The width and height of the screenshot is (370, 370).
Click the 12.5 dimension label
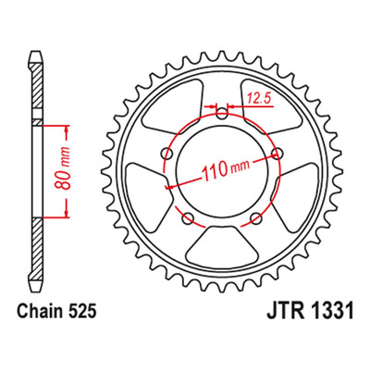pos(258,99)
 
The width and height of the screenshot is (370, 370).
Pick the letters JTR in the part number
pos(284,311)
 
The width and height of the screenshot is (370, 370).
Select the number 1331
pos(330,311)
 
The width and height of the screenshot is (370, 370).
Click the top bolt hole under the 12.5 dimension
pos(222,115)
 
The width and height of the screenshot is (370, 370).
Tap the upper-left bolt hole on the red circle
pos(167,154)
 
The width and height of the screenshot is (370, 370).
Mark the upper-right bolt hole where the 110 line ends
pos(277,154)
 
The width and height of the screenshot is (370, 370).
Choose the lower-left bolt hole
pos(188,219)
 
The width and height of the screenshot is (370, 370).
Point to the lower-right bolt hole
pos(255,219)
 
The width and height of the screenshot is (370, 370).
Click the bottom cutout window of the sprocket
pos(222,244)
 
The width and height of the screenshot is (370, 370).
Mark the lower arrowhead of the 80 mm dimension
pos(66,211)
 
